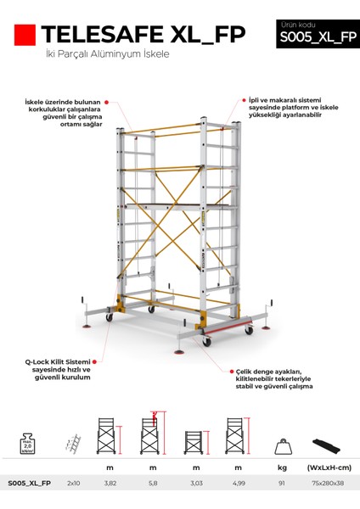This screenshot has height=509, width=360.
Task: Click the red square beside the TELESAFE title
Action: pyautogui.click(x=25, y=35)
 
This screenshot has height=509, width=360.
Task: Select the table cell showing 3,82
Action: pyautogui.click(x=109, y=483)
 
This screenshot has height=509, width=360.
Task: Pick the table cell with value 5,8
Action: pyautogui.click(x=153, y=483)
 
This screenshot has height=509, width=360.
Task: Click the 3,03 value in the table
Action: pyautogui.click(x=195, y=483)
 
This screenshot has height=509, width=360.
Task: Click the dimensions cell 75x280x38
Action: pyautogui.click(x=326, y=483)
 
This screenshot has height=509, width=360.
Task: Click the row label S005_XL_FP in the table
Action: pyautogui.click(x=29, y=483)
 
